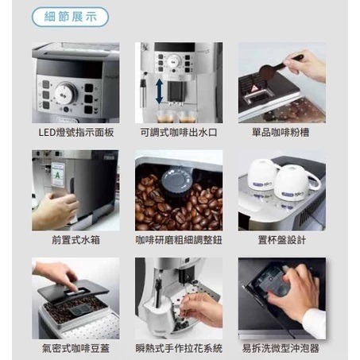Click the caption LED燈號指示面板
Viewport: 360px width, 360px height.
coord(75,132)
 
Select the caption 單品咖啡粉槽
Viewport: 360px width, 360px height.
coord(281,132)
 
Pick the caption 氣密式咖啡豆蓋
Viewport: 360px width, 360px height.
coord(75,348)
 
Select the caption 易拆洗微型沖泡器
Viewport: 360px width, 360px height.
coord(281,348)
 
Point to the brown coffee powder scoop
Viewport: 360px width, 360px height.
coord(270,69)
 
